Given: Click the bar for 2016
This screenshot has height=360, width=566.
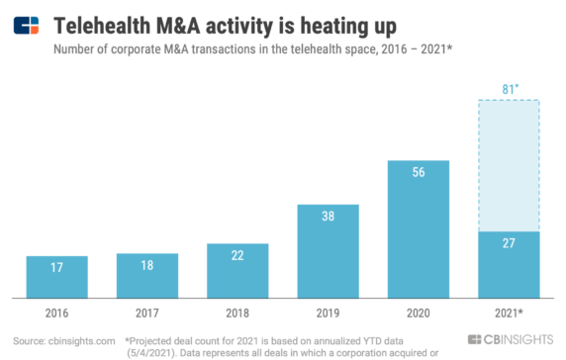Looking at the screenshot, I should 56,276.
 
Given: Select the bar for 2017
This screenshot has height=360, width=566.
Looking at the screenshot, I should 147,275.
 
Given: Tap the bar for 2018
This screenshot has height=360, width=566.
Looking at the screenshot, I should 237,270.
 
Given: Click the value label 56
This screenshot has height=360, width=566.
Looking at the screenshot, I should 419,171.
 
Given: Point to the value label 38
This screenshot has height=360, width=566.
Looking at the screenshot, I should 329,216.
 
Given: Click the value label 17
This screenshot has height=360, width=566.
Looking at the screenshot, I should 56,266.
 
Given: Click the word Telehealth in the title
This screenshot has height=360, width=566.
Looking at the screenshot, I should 103,22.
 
